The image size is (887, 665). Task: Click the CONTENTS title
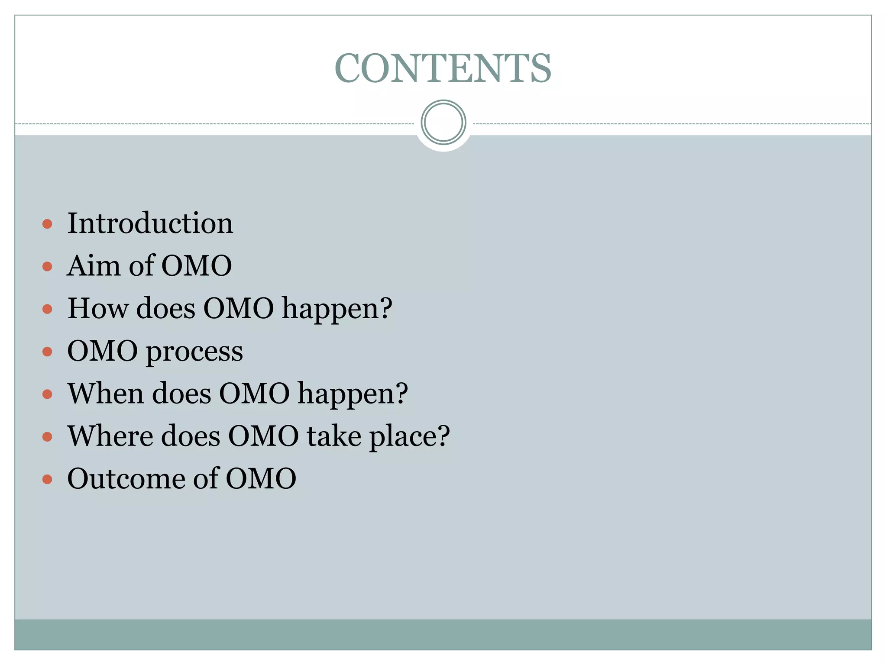click(x=443, y=68)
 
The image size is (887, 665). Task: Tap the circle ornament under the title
click(x=443, y=123)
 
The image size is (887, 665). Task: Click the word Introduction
click(x=150, y=223)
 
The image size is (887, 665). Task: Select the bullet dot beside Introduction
click(x=48, y=224)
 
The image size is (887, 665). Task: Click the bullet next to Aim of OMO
click(x=48, y=266)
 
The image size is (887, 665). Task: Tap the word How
click(x=98, y=308)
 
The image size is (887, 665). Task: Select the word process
click(x=194, y=352)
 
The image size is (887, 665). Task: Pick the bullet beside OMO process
click(x=48, y=352)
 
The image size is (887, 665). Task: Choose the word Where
click(x=110, y=436)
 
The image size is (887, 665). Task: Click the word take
click(x=334, y=436)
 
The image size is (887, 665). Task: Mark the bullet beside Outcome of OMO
click(x=48, y=480)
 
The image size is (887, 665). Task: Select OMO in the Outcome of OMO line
click(x=261, y=479)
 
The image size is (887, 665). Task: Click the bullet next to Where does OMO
click(x=48, y=437)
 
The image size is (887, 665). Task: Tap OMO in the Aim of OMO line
click(x=197, y=266)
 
